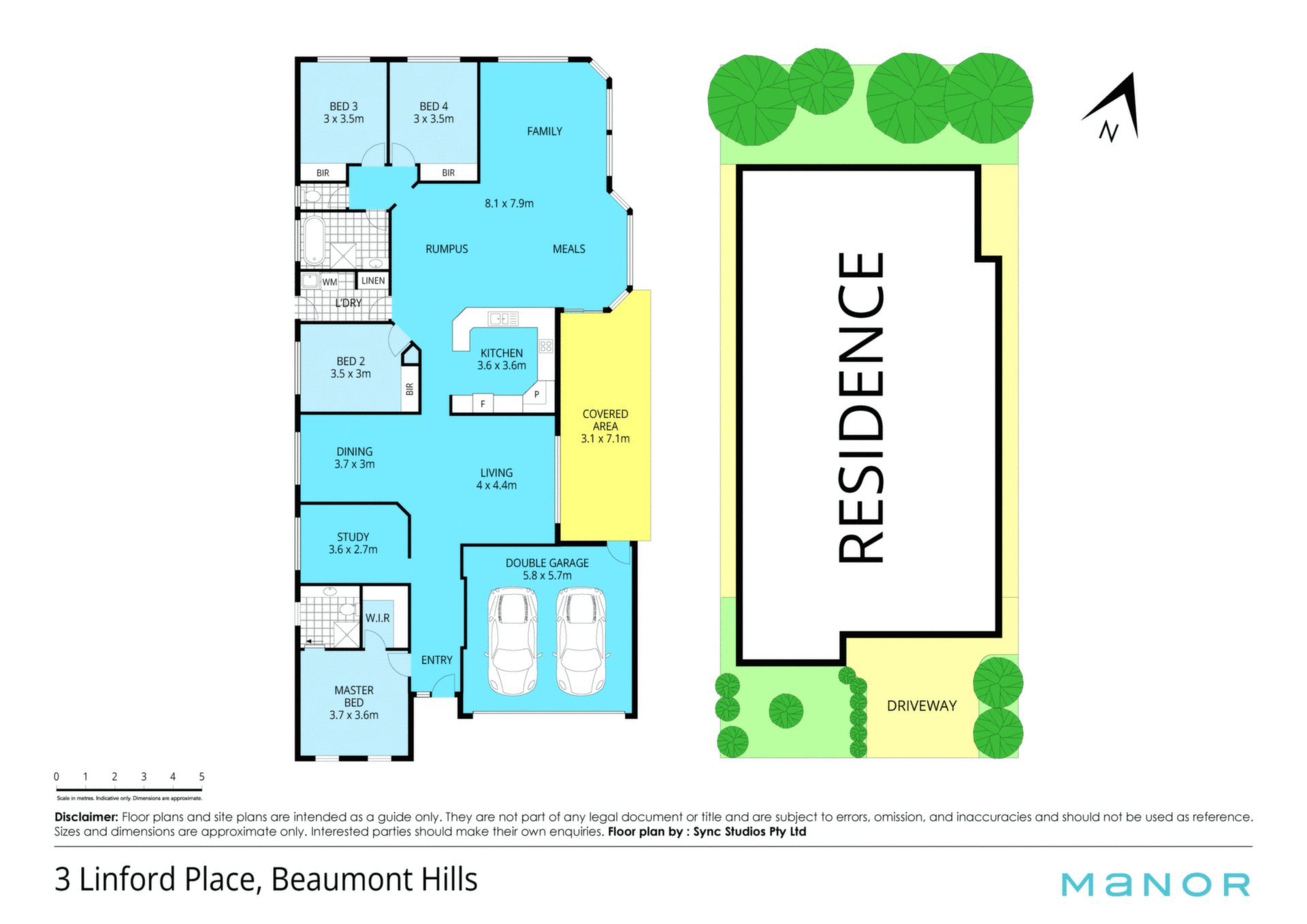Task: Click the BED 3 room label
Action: [x=344, y=112]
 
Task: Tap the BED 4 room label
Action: [x=434, y=112]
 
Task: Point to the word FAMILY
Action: [x=545, y=131]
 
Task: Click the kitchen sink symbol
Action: [x=503, y=318]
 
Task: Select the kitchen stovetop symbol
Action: [x=546, y=346]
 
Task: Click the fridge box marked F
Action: [x=483, y=404]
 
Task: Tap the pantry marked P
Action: [x=536, y=394]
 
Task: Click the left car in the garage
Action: [x=513, y=641]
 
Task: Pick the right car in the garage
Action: [x=581, y=641]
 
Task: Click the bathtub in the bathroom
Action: [x=314, y=240]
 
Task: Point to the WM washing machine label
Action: [x=329, y=282]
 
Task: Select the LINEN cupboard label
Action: [x=373, y=281]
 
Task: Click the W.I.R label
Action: [x=378, y=618]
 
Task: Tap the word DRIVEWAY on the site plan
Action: [x=922, y=706]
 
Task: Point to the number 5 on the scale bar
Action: [x=201, y=776]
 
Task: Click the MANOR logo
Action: [x=1156, y=885]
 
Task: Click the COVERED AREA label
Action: [x=605, y=426]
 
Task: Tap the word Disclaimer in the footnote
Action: [x=86, y=817]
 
